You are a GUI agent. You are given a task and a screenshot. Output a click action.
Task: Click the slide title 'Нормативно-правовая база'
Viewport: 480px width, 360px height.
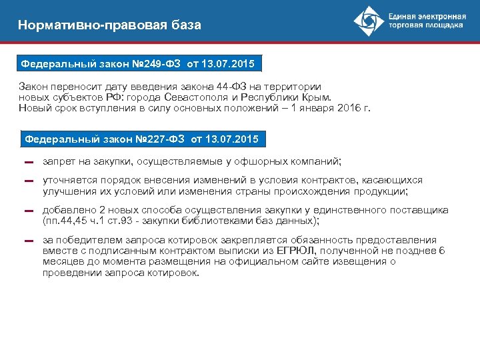109,25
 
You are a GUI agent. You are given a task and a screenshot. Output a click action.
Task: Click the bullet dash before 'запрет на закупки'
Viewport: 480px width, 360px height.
28,162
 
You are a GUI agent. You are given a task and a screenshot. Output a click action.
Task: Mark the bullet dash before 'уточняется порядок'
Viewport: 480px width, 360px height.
28,181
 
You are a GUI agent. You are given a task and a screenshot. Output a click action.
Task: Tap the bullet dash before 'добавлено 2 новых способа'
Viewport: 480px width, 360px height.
28,211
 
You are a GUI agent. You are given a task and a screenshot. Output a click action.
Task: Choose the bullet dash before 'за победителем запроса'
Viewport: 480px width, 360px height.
28,241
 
